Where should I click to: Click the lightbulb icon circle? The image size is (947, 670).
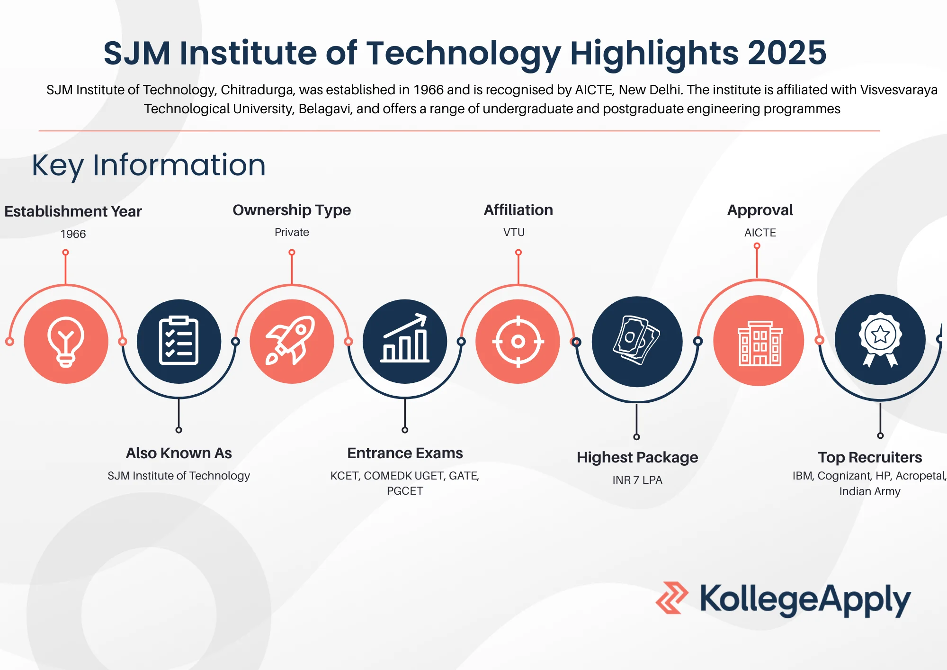[66, 341]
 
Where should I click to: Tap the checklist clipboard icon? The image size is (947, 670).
[179, 341]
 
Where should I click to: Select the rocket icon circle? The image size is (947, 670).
[292, 341]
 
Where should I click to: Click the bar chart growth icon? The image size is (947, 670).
[405, 341]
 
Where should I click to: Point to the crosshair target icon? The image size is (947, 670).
[518, 341]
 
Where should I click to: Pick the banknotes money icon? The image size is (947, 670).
[637, 342]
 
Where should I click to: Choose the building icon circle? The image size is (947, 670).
[759, 341]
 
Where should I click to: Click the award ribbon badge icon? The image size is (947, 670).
[880, 340]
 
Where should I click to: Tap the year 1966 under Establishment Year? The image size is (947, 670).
[73, 234]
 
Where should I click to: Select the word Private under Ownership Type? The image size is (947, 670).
[292, 232]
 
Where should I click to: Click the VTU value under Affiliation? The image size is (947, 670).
[514, 232]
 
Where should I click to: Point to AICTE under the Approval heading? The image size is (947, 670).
[760, 233]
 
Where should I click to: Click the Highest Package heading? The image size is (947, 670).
[637, 458]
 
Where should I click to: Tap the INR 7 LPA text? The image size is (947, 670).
[637, 480]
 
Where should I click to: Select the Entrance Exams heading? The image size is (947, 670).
[405, 453]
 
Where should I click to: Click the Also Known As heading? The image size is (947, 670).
[179, 453]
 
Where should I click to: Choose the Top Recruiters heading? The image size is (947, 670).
[870, 457]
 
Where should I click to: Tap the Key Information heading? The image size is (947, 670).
[149, 165]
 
